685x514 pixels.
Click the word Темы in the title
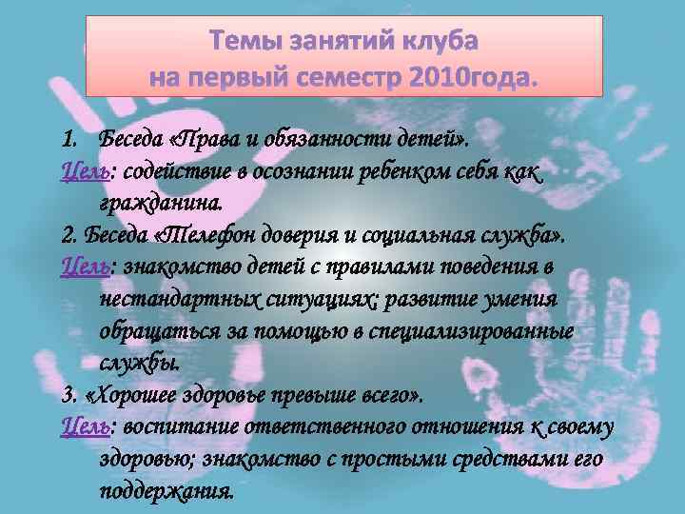(246, 43)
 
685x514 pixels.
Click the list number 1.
(67, 143)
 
